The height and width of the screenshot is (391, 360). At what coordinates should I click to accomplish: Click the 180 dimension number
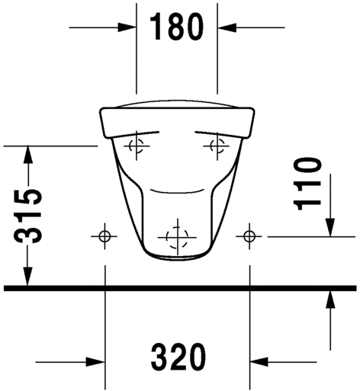177,27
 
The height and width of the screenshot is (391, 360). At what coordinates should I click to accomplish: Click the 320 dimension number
178,357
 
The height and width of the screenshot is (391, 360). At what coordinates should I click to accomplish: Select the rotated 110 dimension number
307,184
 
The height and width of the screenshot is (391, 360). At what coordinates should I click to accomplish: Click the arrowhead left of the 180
127,27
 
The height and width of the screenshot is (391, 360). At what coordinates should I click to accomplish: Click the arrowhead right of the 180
227,27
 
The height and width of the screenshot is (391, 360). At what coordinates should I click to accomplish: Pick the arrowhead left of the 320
95,362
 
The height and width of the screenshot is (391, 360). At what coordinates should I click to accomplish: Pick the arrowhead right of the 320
259,362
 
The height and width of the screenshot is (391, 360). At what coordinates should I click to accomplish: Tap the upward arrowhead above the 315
28,155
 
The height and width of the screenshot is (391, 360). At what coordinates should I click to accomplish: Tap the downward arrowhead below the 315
27,276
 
